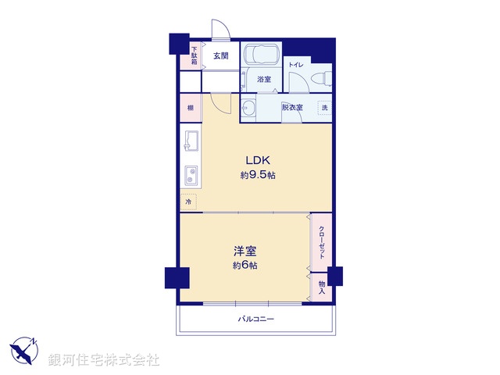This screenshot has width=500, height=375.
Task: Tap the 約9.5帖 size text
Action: [257, 176]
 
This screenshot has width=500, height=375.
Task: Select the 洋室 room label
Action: [245, 252]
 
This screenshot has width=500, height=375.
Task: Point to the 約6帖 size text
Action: [245, 266]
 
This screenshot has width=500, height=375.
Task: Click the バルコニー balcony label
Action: [256, 320]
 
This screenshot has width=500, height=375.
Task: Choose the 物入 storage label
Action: [321, 286]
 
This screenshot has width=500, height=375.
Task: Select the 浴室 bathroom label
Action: [264, 79]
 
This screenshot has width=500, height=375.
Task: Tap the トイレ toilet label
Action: [296, 64]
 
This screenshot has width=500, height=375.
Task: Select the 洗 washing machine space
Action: [324, 107]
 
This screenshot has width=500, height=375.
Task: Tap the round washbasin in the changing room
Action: [249, 108]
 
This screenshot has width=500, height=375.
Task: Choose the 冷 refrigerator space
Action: [188, 202]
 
